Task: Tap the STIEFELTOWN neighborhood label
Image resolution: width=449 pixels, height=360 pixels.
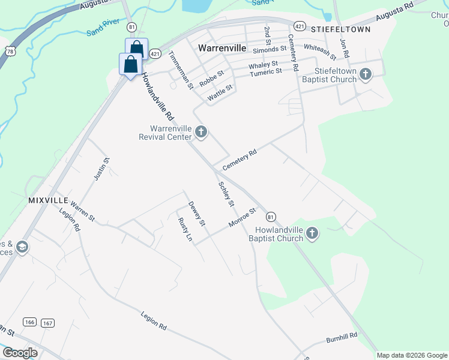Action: [x=341, y=28]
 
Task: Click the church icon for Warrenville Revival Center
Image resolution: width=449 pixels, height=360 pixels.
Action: [x=201, y=132]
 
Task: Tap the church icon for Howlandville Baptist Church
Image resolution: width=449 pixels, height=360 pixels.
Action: [x=312, y=233]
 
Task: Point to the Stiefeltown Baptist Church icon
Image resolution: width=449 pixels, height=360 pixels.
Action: [x=365, y=75]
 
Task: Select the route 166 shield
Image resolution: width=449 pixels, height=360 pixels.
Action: [x=29, y=322]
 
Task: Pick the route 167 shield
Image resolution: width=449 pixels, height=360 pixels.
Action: [x=48, y=323]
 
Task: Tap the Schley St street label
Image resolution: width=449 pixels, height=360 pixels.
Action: [x=226, y=195]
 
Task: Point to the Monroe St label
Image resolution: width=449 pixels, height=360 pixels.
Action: [x=242, y=218]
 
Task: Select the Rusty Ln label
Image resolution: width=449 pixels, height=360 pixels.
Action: [x=185, y=230]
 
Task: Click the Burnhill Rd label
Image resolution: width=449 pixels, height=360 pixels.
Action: [x=342, y=338]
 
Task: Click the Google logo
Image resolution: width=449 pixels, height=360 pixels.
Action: [x=20, y=353]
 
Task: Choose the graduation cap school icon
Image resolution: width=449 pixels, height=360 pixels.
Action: [x=22, y=248]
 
